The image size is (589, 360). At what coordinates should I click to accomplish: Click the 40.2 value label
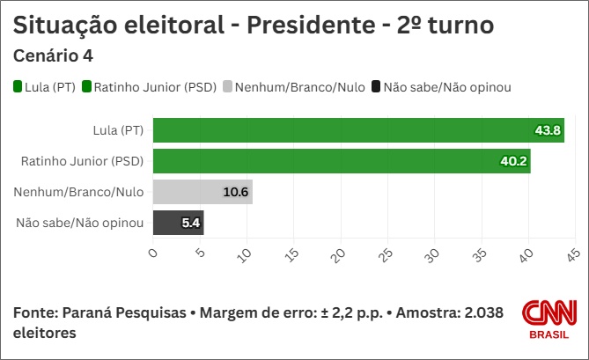514,161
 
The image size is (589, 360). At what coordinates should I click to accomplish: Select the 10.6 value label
236,192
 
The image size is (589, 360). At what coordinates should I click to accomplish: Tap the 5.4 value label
191,223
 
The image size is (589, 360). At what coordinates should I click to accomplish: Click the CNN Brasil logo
549,320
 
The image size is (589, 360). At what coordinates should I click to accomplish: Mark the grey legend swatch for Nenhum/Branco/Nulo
227,86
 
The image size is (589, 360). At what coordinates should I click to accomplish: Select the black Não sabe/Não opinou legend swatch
376,86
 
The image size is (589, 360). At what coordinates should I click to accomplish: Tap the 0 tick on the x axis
152,254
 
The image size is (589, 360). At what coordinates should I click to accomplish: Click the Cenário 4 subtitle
54,56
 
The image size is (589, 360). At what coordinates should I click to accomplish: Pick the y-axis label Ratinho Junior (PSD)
82,161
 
